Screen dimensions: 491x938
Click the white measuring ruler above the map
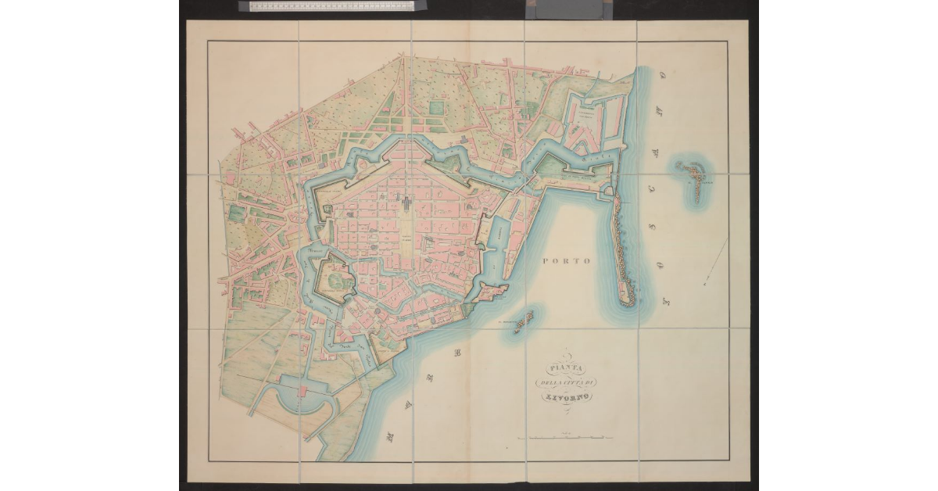pyautogui.click(x=327, y=6)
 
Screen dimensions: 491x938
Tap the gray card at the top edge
pyautogui.click(x=564, y=8)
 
